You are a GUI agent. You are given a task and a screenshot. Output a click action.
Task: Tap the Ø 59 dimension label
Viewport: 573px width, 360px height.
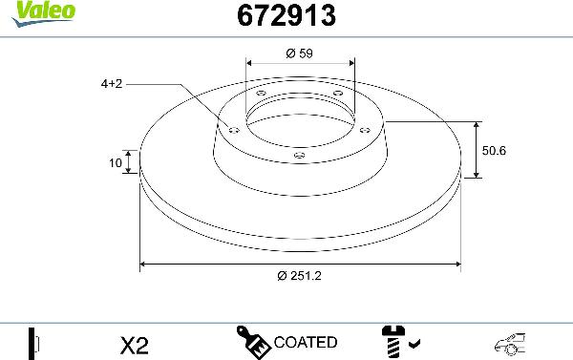coord(300,53)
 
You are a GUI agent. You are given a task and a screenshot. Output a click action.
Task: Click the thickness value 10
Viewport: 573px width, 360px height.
coord(116,163)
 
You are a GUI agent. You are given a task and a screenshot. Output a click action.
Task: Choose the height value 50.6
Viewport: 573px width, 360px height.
coord(493,150)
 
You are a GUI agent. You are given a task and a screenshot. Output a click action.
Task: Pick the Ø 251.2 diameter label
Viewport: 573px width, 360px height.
coord(300,276)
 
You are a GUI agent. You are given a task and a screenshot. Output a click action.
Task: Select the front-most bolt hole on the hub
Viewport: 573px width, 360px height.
coord(300,155)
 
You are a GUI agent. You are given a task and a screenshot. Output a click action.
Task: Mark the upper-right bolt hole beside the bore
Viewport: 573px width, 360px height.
coord(337,94)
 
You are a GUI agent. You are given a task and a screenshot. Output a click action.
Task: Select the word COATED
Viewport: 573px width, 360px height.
coord(305,342)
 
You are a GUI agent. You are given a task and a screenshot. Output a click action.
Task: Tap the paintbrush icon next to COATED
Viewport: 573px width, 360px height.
coord(253,342)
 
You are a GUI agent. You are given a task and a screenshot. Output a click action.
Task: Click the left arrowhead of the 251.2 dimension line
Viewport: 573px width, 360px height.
coord(144,263)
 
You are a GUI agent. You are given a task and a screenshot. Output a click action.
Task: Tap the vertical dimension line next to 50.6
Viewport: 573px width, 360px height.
coord(476,150)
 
